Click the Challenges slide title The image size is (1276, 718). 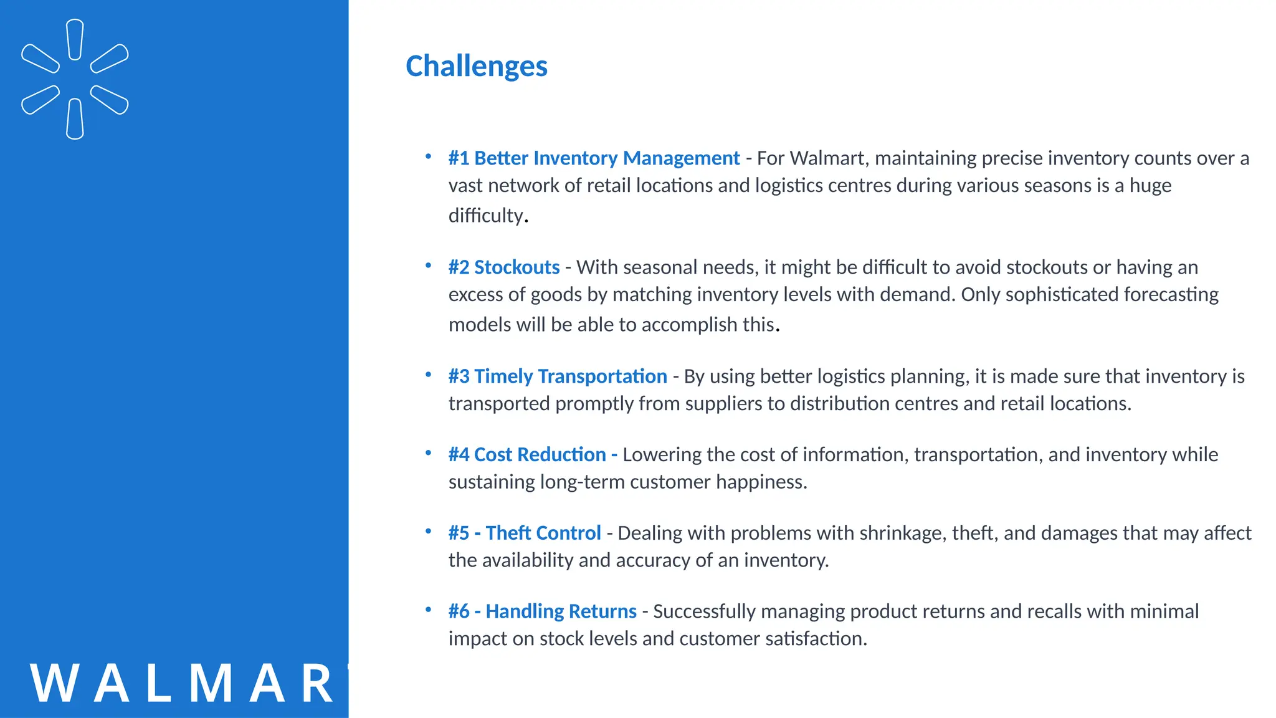476,66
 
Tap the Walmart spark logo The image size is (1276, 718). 75,79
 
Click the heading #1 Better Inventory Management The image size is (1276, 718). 594,158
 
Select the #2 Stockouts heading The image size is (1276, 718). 503,267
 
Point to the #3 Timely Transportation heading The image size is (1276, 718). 558,376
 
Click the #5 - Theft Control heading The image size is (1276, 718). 525,534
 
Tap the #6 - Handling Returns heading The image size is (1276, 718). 542,611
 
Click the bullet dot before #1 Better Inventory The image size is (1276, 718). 429,157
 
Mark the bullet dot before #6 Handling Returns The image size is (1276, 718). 429,610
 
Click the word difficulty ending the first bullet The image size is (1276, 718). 486,216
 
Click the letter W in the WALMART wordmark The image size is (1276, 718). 54,684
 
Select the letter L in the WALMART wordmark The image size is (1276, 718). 159,684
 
